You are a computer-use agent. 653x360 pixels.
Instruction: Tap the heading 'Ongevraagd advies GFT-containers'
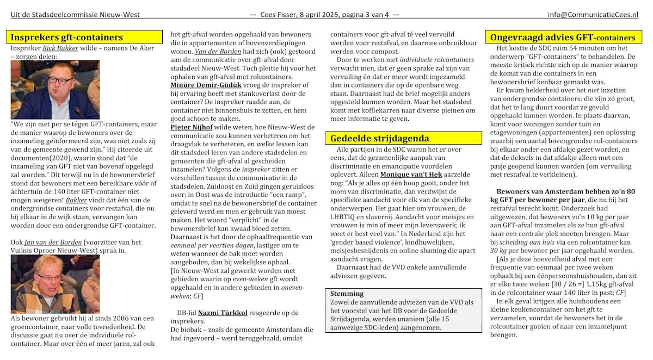click(562, 38)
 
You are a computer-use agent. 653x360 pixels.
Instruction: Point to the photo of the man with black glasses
click(55, 90)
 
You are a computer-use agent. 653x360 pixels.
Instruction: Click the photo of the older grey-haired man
click(55, 284)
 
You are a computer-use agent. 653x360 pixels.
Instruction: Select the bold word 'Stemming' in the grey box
click(347, 294)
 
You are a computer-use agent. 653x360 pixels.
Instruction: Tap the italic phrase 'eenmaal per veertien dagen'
click(208, 246)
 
